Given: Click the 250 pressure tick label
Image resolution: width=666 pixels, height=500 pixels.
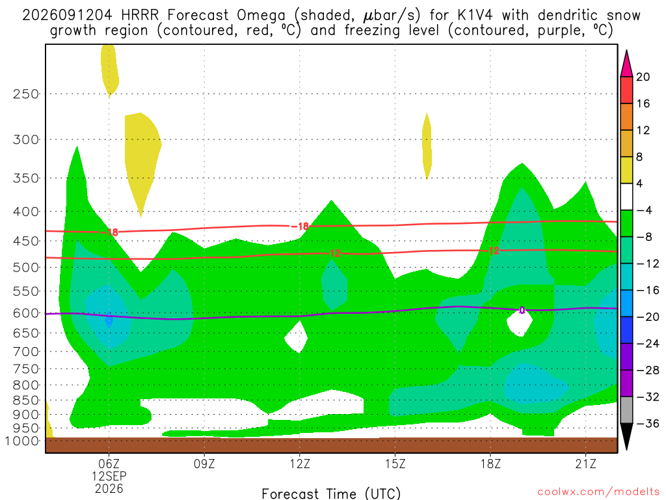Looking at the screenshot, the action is point(25,94).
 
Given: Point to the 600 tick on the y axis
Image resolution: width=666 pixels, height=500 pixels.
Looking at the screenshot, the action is point(25,313).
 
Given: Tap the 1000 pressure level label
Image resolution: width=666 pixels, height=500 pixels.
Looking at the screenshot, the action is point(22,441).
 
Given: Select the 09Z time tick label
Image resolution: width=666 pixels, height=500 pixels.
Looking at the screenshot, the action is point(204,464).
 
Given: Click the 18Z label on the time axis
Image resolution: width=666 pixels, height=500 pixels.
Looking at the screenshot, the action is point(490,464).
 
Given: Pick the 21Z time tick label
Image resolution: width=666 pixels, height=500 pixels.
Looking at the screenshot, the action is point(586,464).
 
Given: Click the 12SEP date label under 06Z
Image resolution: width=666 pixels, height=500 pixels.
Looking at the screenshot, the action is point(109,476).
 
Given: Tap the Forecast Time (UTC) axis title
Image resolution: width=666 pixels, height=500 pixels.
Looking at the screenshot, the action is point(331,493).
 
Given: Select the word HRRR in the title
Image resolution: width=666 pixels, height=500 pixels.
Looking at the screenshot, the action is point(139,16).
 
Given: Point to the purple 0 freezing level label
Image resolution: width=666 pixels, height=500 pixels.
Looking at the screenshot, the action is point(522,311).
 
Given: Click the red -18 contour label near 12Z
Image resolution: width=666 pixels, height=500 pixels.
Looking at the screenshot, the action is point(300,226).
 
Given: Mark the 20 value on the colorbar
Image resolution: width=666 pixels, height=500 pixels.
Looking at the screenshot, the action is point(643,77).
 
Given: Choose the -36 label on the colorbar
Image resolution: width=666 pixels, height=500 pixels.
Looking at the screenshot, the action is point(647,423).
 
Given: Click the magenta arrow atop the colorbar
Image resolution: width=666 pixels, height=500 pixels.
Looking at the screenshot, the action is point(626,63).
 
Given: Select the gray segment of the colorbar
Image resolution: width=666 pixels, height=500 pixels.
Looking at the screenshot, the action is point(626,410).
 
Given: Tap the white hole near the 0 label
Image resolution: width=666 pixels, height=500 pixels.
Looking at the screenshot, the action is point(520,322).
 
